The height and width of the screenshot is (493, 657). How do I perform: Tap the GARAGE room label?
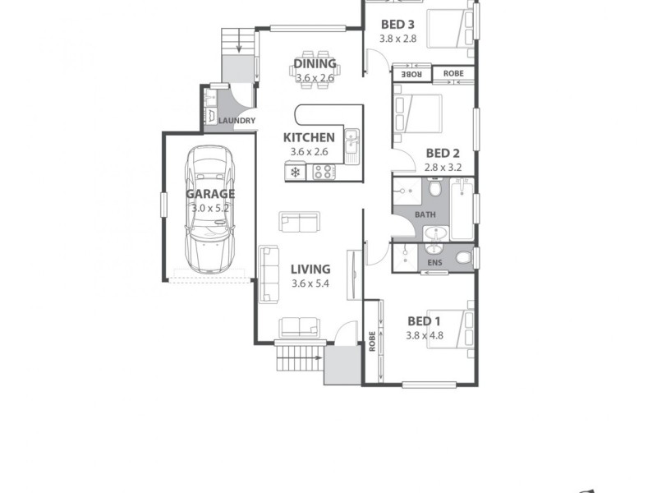(x=210, y=194)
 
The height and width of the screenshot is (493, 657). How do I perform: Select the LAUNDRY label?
(x=237, y=122)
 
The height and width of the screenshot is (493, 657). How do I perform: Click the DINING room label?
(x=315, y=63)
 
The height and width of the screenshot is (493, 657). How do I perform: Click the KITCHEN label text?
(x=309, y=137)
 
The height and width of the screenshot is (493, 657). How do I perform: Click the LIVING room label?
(x=310, y=269)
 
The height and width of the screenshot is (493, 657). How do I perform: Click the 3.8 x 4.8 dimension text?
(x=425, y=335)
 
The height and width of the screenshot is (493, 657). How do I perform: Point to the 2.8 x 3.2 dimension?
(x=443, y=167)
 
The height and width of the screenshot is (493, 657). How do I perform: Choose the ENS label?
(x=435, y=263)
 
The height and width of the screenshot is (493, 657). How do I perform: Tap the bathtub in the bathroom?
(x=462, y=210)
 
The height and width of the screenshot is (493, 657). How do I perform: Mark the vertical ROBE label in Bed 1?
(x=373, y=340)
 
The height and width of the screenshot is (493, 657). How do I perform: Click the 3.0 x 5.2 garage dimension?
(x=210, y=209)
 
